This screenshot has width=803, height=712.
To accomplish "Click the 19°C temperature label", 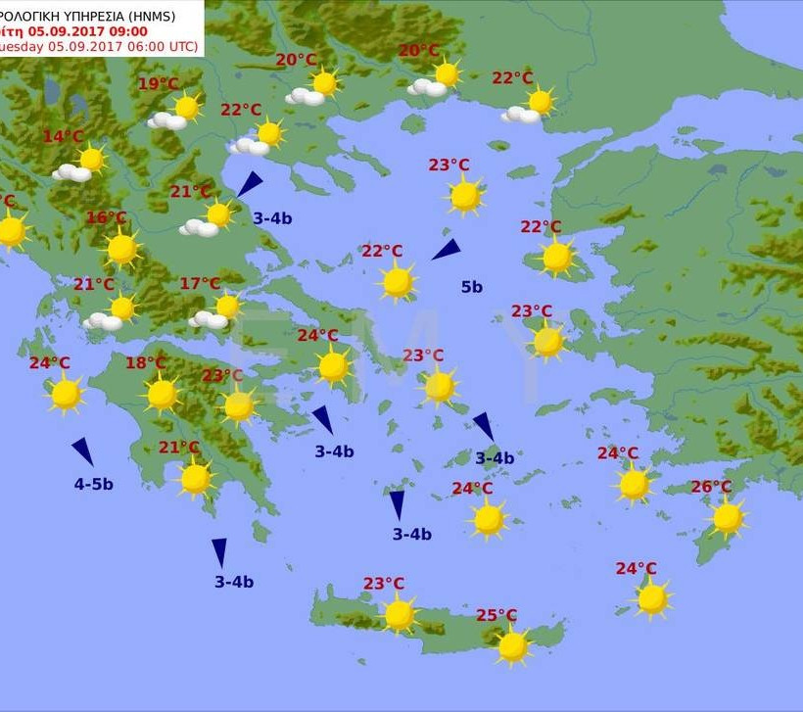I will click(158, 84).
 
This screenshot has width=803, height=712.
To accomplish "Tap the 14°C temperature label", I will click(63, 137).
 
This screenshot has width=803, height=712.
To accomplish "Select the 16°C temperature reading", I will click(107, 217).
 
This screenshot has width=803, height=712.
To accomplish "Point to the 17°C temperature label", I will click(200, 284).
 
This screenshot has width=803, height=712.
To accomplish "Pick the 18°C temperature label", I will click(146, 363).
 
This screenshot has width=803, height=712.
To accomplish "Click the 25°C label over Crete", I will click(496, 615).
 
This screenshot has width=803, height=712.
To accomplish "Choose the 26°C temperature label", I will click(711, 487).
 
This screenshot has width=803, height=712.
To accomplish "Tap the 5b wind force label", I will click(472, 287).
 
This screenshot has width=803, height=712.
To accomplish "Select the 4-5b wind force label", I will click(94, 484).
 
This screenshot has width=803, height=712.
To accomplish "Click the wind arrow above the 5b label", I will click(446, 250).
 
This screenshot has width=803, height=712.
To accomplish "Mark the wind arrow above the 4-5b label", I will click(83, 451).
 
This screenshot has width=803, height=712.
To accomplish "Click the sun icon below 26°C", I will click(728, 518).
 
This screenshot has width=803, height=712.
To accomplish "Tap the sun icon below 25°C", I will click(512, 646).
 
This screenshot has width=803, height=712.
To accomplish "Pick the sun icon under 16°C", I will click(122, 249).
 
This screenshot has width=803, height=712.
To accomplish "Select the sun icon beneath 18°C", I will click(163, 395).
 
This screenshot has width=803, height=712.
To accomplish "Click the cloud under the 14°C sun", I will click(71, 173).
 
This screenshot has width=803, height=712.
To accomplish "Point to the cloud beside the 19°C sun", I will click(167, 121).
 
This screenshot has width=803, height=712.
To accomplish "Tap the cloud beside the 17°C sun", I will click(208, 320).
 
